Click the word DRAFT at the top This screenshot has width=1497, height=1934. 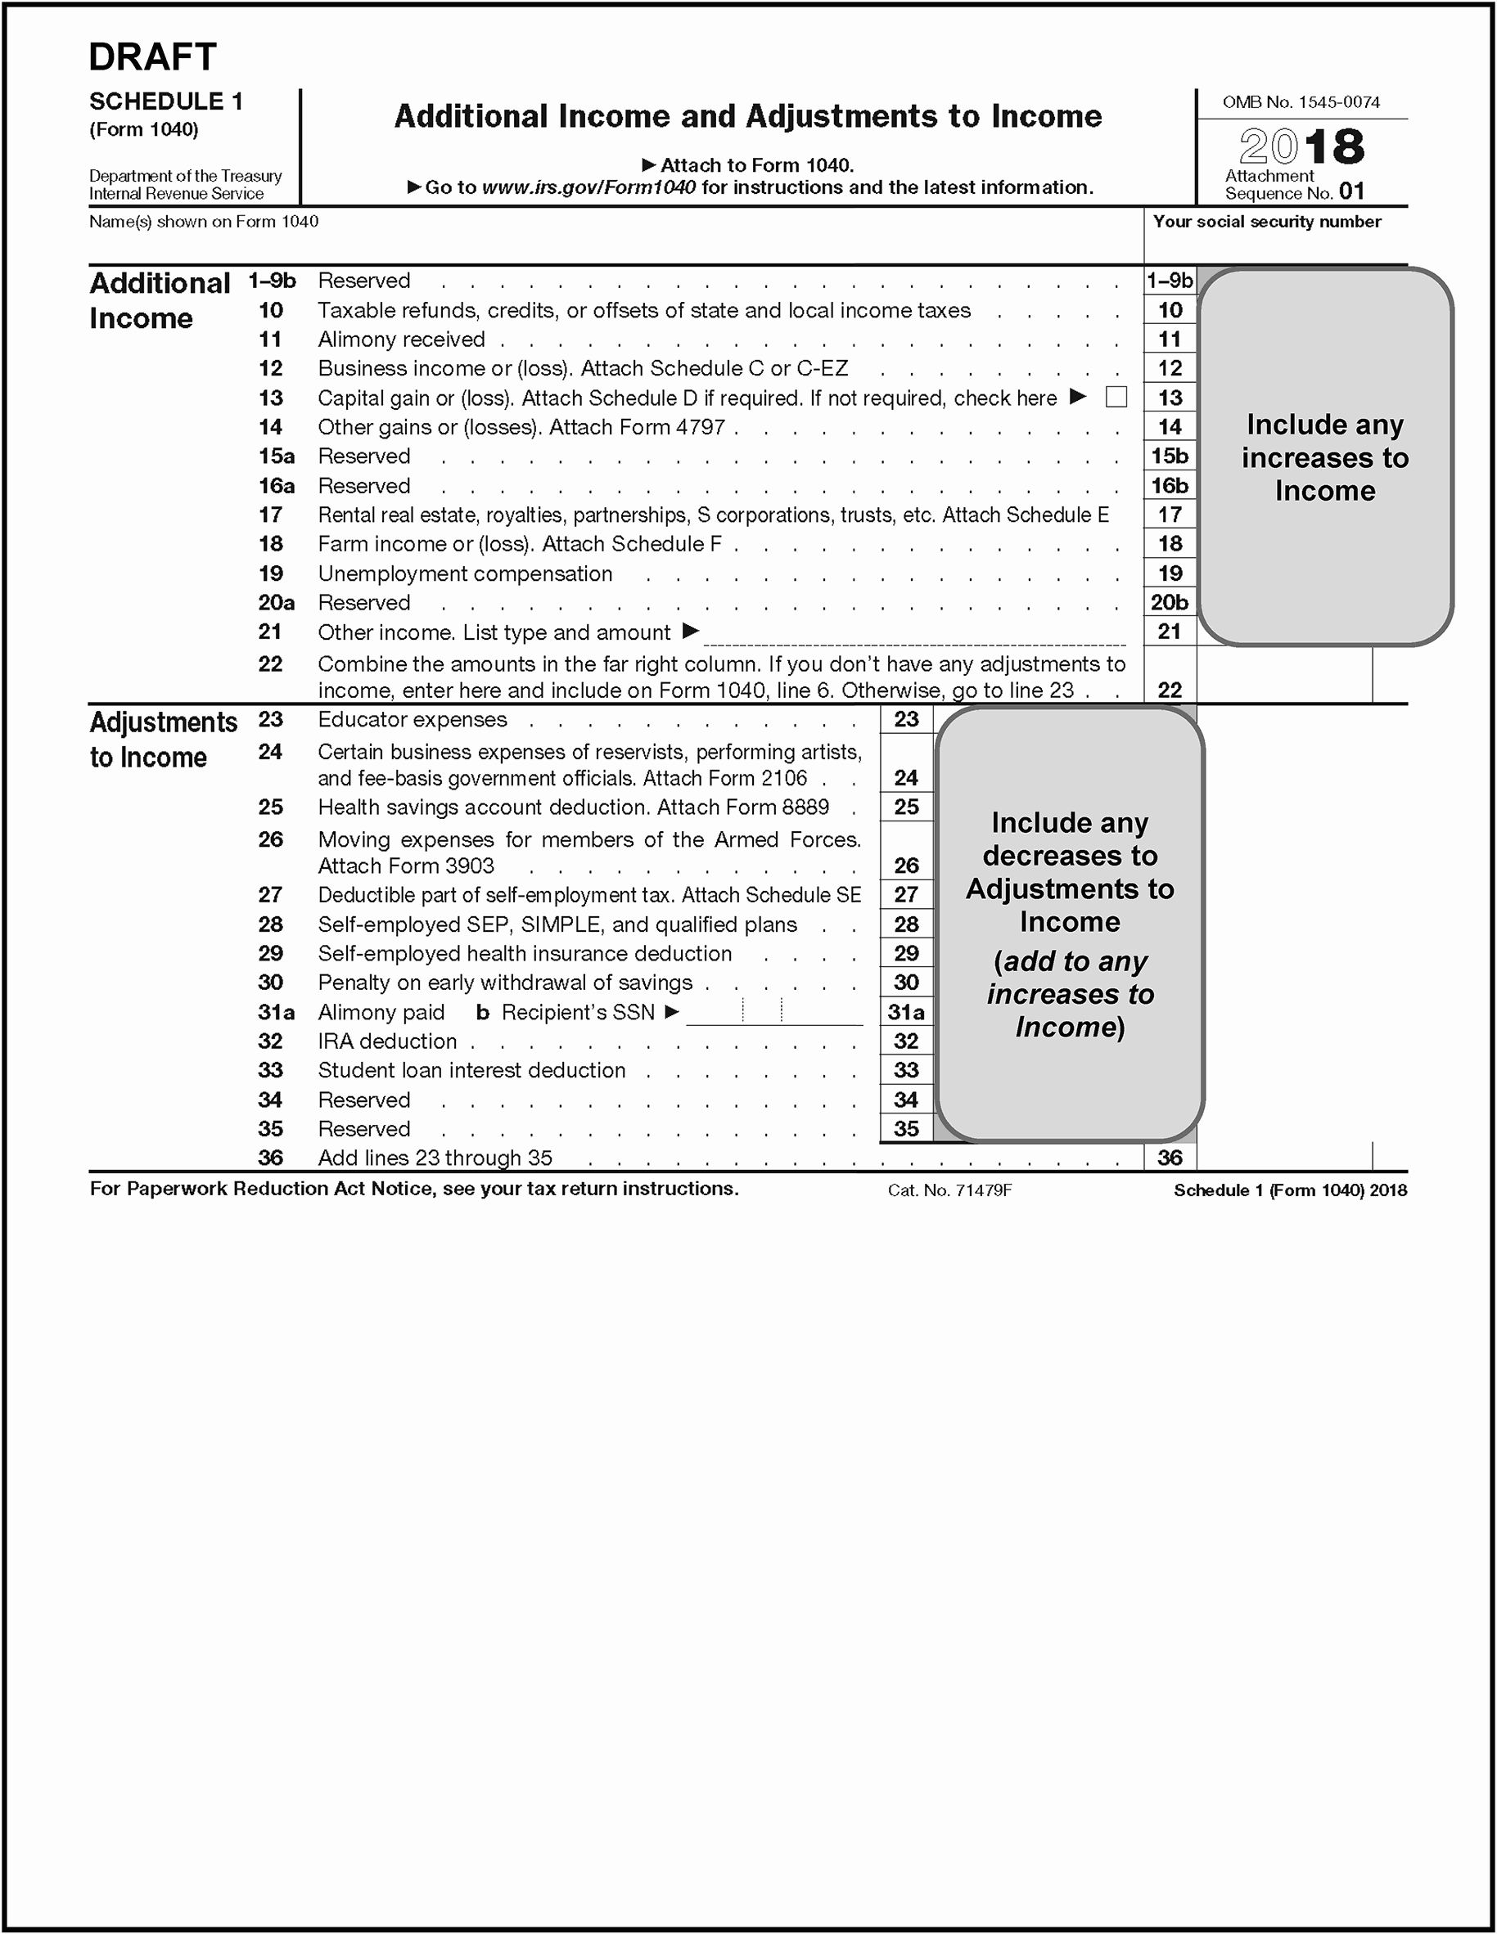pyautogui.click(x=152, y=57)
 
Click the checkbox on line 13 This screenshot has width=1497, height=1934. pyautogui.click(x=1116, y=397)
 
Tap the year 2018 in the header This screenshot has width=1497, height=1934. pyautogui.click(x=1301, y=146)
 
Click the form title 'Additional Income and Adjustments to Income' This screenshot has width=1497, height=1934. pyautogui.click(x=747, y=117)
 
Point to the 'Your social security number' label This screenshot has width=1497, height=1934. pyautogui.click(x=1267, y=222)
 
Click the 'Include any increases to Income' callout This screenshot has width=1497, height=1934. pyautogui.click(x=1324, y=457)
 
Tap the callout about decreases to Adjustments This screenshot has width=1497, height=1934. pyautogui.click(x=1069, y=924)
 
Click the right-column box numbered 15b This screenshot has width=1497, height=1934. pyautogui.click(x=1170, y=456)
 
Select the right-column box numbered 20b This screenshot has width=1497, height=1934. pyautogui.click(x=1170, y=603)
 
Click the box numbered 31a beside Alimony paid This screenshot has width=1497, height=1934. pyautogui.click(x=906, y=1012)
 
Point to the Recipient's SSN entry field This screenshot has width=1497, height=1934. pyautogui.click(x=774, y=1011)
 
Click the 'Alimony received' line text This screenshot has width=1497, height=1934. pyautogui.click(x=401, y=340)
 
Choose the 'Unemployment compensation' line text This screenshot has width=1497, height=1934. pyautogui.click(x=465, y=573)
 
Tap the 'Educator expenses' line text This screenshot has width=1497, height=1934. pyautogui.click(x=412, y=720)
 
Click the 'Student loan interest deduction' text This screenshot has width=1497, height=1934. pyautogui.click(x=471, y=1071)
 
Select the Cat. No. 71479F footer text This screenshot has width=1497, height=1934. pyautogui.click(x=949, y=1190)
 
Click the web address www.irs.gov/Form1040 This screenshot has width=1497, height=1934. pyautogui.click(x=588, y=187)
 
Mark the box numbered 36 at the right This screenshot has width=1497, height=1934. pyautogui.click(x=1170, y=1158)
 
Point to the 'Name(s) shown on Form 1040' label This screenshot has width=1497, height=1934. pyautogui.click(x=204, y=222)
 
